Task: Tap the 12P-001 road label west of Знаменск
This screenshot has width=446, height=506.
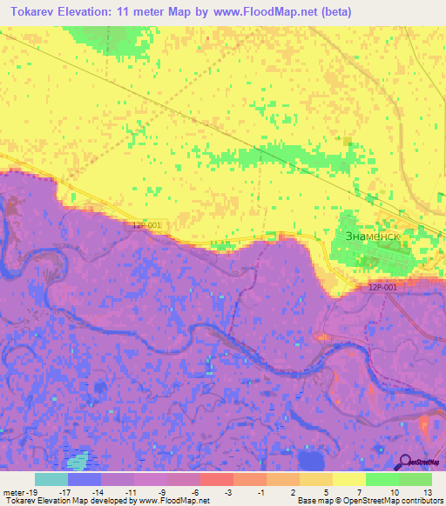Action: tap(147, 224)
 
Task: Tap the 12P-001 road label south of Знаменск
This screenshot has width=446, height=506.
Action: tap(382, 288)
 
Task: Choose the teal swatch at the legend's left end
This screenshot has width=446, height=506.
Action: tap(51, 479)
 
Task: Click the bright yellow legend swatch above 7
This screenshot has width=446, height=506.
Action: tap(349, 479)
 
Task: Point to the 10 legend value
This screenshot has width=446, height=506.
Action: tap(395, 491)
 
